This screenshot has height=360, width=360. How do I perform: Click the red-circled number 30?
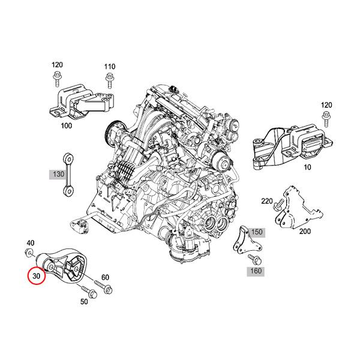(36, 277)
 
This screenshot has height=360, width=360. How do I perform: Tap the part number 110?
(110, 67)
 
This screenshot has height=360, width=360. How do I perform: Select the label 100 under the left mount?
(67, 125)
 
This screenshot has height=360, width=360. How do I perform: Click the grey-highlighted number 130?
(58, 174)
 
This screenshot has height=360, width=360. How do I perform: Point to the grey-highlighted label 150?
(257, 232)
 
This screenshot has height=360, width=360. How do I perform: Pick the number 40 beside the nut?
(31, 244)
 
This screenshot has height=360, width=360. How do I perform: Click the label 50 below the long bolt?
(83, 302)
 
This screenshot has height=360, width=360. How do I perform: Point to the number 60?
(105, 277)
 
